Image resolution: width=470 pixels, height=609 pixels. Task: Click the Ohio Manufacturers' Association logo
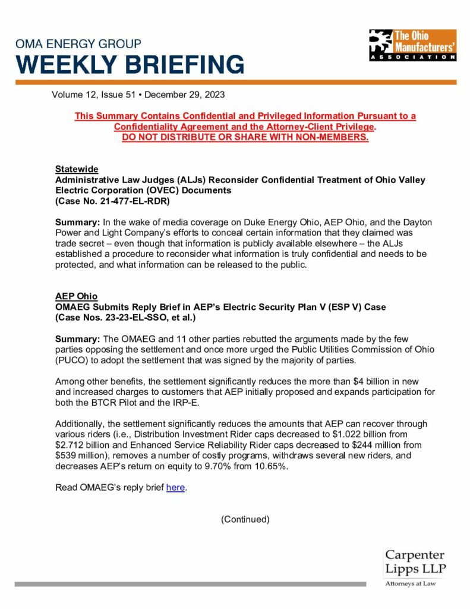pos(412,45)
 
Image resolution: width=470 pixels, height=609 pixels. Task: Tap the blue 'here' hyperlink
pos(176,488)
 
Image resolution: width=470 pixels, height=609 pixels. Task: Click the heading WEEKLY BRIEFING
pos(130,64)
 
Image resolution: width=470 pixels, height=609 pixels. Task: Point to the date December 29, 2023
pos(185,94)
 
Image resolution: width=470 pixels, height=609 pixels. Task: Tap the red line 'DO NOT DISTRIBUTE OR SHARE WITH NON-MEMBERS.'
pos(245,137)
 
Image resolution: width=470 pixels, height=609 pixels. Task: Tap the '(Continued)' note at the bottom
pos(245,519)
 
